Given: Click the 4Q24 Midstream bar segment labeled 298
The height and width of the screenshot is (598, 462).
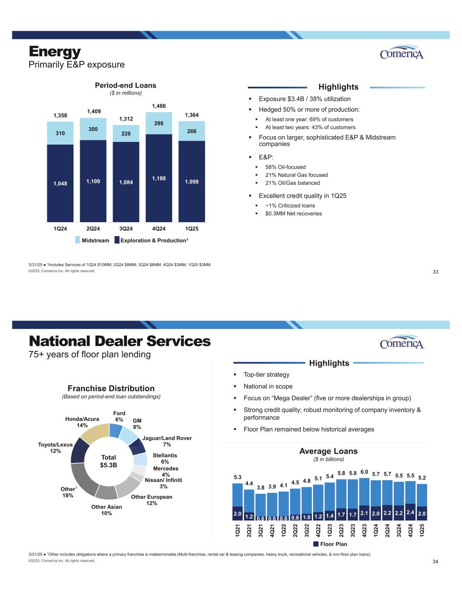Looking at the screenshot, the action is (x=159, y=123).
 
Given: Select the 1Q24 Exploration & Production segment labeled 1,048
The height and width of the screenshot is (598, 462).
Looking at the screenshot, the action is (x=60, y=183).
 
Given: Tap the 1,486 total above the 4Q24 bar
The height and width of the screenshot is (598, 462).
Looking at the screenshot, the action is (x=159, y=106).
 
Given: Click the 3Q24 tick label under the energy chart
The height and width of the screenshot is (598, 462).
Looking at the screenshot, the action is (x=126, y=229).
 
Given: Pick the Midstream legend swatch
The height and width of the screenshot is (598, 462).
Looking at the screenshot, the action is (x=78, y=240).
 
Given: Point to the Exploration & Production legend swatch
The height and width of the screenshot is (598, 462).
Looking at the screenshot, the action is (x=117, y=240).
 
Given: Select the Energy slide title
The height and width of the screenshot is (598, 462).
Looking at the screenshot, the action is (x=55, y=51).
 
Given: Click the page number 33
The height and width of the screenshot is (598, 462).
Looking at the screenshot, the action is (x=435, y=272).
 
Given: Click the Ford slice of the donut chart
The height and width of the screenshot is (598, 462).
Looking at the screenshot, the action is (x=115, y=430).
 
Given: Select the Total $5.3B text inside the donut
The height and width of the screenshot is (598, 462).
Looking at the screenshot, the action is (x=109, y=461).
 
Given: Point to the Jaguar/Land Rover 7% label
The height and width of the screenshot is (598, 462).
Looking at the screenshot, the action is (x=167, y=441).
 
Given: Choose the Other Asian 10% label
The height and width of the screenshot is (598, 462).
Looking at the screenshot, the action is (x=106, y=510).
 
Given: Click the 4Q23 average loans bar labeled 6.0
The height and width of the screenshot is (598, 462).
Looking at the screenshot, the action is (x=364, y=499).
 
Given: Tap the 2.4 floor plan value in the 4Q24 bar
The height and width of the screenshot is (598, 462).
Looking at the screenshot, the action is (x=410, y=512).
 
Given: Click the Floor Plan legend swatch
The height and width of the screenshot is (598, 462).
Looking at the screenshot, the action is (x=316, y=544).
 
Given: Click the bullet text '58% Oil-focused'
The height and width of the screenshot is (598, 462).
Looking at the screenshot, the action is (x=285, y=167).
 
